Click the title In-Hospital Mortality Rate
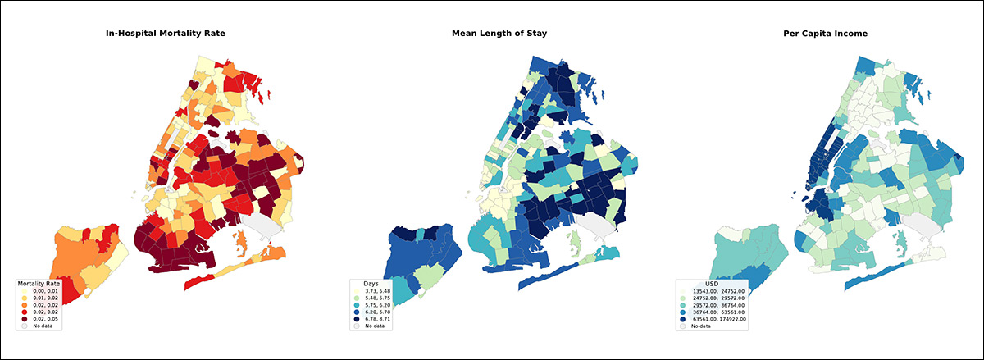[165, 34]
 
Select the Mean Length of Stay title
[499, 34]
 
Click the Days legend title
[371, 283]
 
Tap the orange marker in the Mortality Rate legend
[25, 304]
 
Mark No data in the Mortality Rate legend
[41, 326]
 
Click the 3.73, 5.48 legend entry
[376, 290]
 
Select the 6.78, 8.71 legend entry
[376, 318]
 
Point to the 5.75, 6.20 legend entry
[376, 304]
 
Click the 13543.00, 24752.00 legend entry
[717, 290]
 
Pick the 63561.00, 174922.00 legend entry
[719, 318]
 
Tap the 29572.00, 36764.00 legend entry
[717, 304]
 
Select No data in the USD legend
[701, 326]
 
